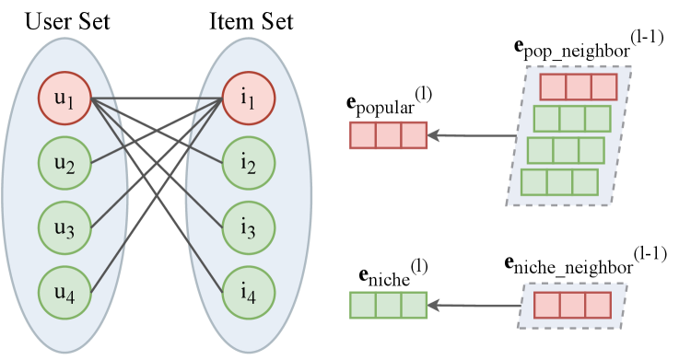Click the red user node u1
[64, 98]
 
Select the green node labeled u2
[64, 163]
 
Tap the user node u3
[64, 227]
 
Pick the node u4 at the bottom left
[64, 293]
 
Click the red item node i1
[249, 98]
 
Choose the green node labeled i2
[249, 163]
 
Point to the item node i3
[249, 227]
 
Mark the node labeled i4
[249, 293]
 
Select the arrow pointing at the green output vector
[472, 305]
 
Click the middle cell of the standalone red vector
[388, 135]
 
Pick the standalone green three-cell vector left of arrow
[388, 305]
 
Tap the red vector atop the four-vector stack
[578, 87]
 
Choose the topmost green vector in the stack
[571, 119]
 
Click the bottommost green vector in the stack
[559, 182]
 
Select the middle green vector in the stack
[565, 150]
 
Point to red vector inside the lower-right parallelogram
[572, 306]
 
